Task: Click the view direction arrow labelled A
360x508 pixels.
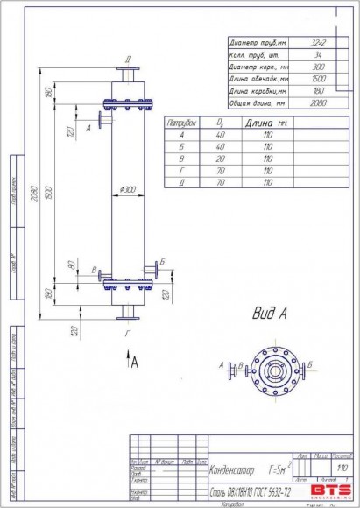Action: [131, 359]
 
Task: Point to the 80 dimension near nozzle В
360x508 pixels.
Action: [71, 264]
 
